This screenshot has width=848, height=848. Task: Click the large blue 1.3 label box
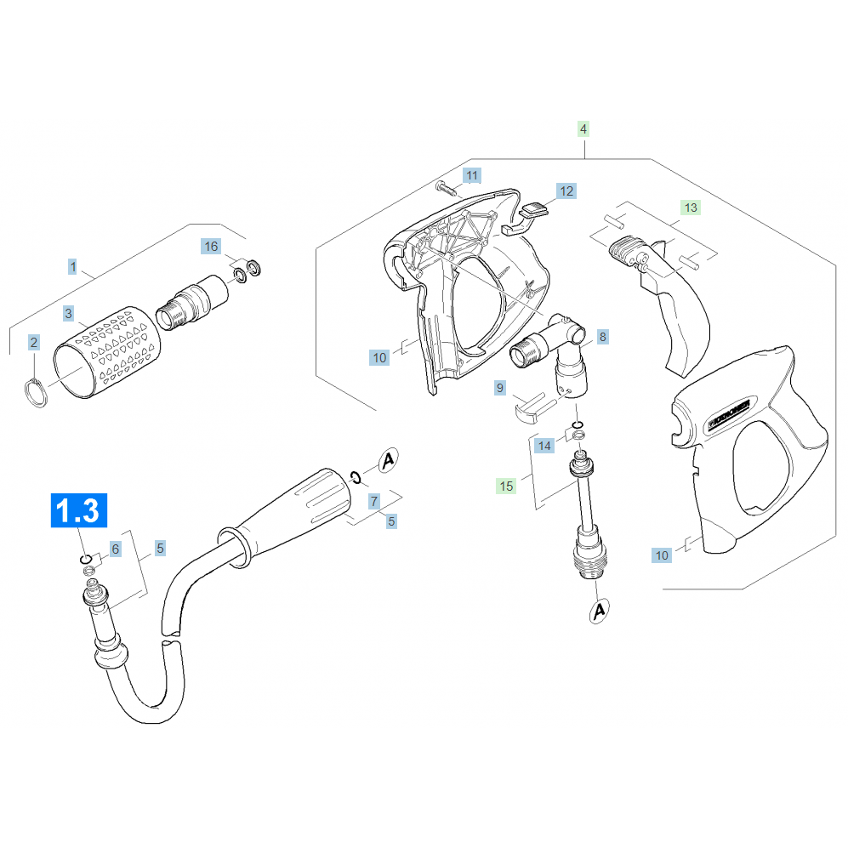(x=78, y=511)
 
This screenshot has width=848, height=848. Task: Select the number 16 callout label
(x=210, y=247)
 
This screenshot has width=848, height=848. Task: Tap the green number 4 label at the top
(x=583, y=129)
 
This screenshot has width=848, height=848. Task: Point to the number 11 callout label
(x=472, y=176)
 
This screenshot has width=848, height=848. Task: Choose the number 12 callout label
(x=566, y=191)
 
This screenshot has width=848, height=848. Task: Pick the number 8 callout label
(x=602, y=337)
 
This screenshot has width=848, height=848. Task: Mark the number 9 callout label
(x=500, y=389)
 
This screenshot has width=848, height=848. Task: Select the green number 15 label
(x=506, y=486)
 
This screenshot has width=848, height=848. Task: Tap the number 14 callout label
(x=545, y=446)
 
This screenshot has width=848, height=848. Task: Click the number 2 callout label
(x=34, y=343)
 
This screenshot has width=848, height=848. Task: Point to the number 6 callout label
(x=116, y=551)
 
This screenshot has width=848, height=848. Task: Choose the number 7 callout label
(x=373, y=502)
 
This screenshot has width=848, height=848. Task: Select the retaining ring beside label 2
(x=35, y=393)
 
